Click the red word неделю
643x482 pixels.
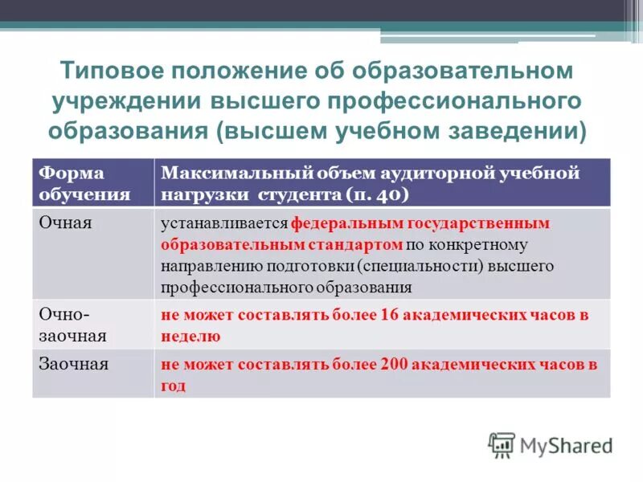click(x=190, y=337)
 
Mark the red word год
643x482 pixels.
click(x=173, y=385)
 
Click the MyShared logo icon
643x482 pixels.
click(x=502, y=443)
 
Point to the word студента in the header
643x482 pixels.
click(x=301, y=194)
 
